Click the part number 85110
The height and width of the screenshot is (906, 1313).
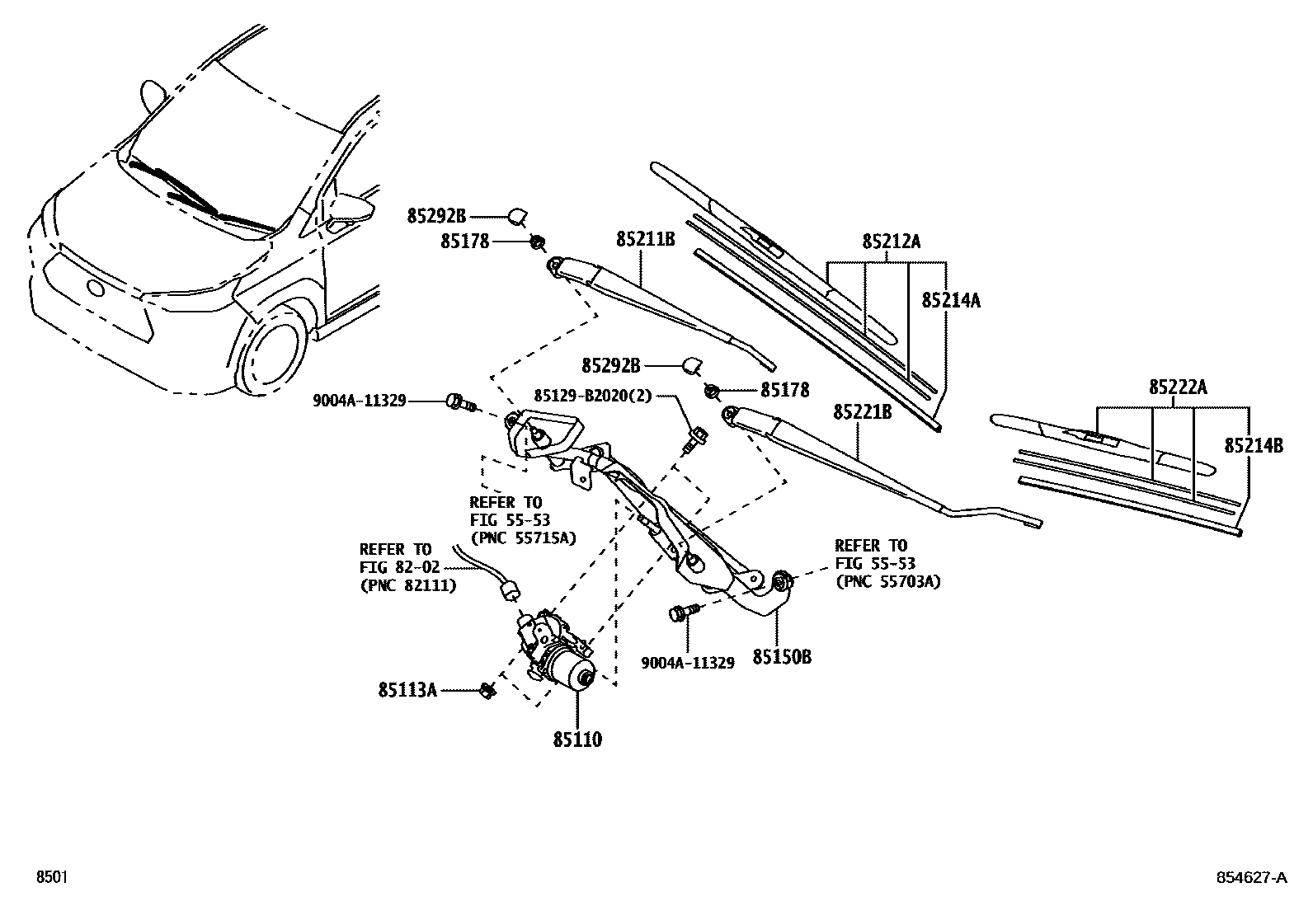coord(577,739)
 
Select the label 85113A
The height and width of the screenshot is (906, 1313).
coord(407,690)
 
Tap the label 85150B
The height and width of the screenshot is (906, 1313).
coord(781,657)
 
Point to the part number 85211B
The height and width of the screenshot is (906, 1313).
coord(646,240)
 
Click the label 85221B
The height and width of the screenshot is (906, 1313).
coord(862,411)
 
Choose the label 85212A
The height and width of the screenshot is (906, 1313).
coord(891,242)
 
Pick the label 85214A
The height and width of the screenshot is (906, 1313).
coord(951,300)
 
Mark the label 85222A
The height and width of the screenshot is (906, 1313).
coord(1178,387)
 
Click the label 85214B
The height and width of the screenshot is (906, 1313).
coord(1254,446)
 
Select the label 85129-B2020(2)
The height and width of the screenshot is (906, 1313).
coord(593,396)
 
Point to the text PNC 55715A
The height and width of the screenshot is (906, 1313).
coord(523,537)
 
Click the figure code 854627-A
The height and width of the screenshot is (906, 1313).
coord(1250,877)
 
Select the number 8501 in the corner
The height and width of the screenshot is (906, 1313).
coord(50,877)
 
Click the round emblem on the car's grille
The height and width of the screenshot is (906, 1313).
coord(96,288)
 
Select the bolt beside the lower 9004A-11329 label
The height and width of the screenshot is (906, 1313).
coord(681,613)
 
